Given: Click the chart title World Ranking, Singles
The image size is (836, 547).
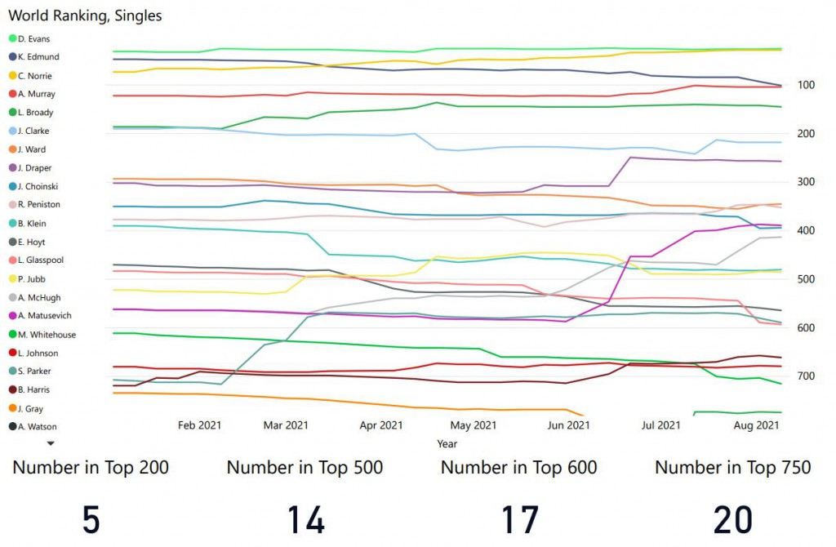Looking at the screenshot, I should [x=85, y=16].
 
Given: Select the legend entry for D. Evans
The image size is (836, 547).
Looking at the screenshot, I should [x=33, y=38].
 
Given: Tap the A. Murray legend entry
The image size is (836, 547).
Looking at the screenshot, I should [x=36, y=94].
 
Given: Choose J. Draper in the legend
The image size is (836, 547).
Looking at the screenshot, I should [x=35, y=168].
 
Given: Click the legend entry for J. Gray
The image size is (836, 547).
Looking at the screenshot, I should [x=32, y=408].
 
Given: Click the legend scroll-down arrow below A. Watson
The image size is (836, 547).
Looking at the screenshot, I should [x=51, y=442].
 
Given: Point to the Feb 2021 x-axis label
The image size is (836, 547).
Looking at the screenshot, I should [x=199, y=425].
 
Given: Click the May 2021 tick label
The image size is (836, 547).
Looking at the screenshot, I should [x=474, y=425].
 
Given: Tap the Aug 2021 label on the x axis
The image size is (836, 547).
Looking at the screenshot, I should [x=756, y=425].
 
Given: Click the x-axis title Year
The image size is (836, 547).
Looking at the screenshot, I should [x=447, y=443].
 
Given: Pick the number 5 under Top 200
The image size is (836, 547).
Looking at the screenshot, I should [x=91, y=519].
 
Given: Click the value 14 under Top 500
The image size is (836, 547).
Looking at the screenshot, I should [x=305, y=519].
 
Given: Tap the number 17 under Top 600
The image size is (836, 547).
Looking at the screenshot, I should [x=519, y=519].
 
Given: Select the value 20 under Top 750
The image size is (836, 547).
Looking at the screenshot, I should [x=733, y=519].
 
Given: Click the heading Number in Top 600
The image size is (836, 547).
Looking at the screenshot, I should [x=518, y=468].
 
